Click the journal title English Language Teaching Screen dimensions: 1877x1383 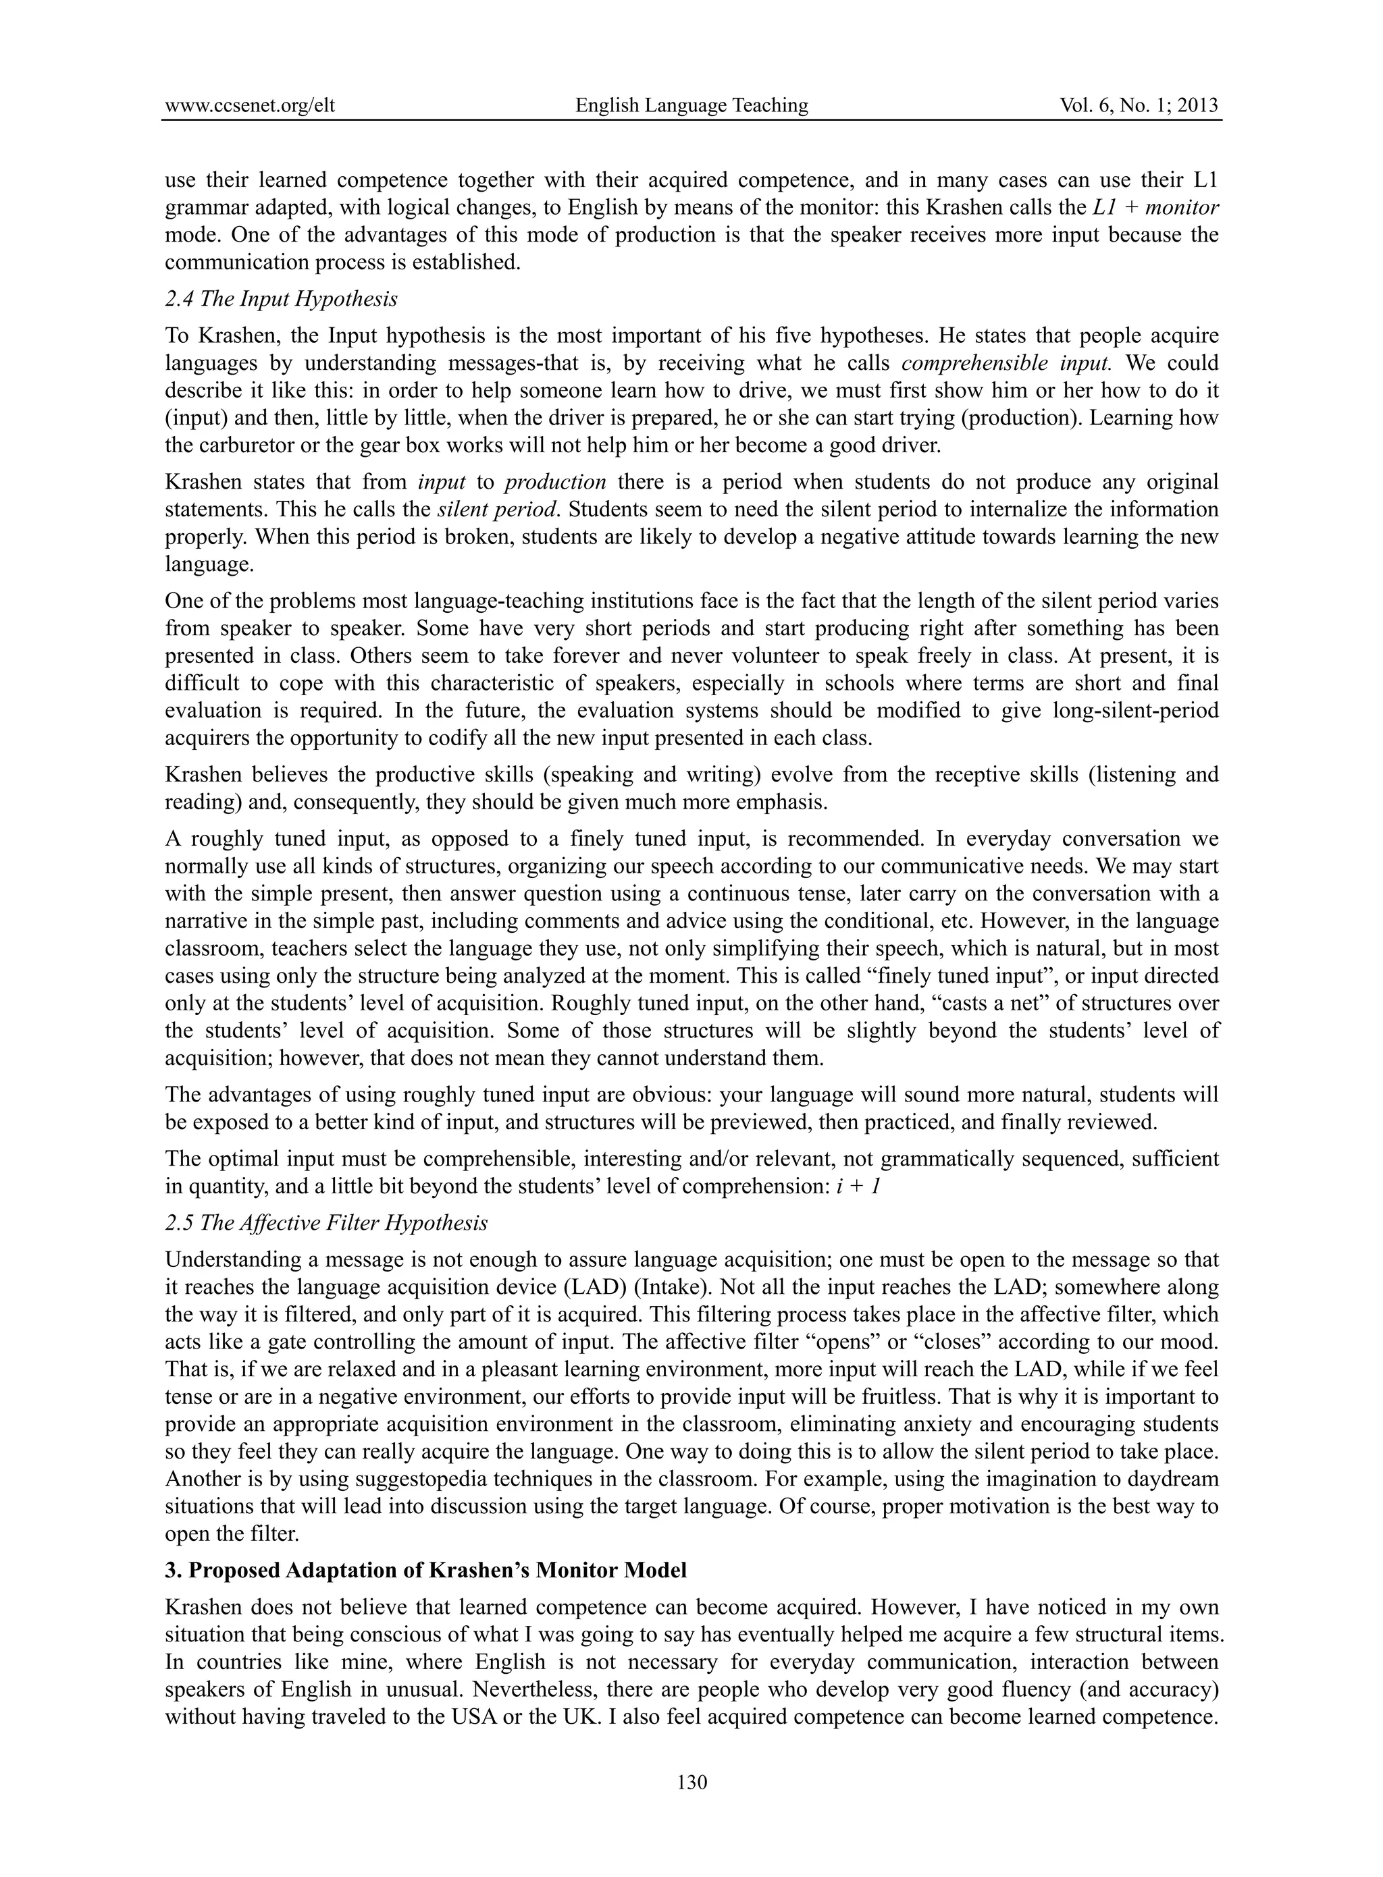coord(691,105)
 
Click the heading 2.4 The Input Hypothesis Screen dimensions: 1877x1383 coord(282,299)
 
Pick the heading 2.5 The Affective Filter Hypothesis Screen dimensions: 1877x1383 coord(326,1222)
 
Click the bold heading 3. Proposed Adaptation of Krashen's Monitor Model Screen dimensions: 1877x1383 coord(426,1570)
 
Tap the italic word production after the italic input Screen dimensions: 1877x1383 coord(556,483)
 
